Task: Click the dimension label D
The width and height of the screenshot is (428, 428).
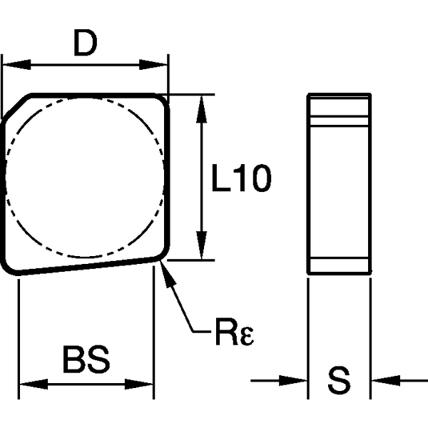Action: click(x=85, y=45)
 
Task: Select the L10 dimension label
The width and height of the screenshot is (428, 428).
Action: click(x=242, y=179)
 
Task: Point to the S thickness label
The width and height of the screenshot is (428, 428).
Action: click(x=340, y=380)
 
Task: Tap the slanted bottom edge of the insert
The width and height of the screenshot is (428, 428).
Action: click(x=86, y=267)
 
